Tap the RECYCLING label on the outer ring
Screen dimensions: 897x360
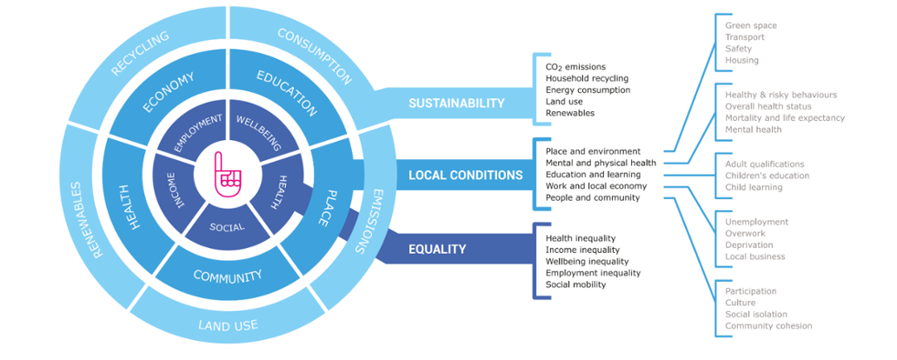(x=140, y=53)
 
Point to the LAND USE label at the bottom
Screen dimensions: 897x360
(x=229, y=326)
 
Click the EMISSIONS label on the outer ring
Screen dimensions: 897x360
(x=369, y=221)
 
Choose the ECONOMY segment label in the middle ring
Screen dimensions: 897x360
(x=169, y=92)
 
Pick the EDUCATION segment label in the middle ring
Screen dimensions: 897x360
(x=287, y=93)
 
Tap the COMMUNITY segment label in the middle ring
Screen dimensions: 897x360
(x=227, y=276)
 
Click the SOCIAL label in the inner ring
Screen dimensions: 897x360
(x=227, y=227)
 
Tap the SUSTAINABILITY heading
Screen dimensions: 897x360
(x=456, y=103)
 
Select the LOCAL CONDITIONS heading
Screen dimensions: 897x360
(x=465, y=175)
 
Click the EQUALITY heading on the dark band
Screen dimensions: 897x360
(x=437, y=249)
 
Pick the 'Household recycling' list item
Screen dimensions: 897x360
(x=587, y=78)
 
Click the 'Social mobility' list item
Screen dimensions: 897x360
(x=575, y=284)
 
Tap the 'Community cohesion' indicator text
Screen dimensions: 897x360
(x=768, y=326)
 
